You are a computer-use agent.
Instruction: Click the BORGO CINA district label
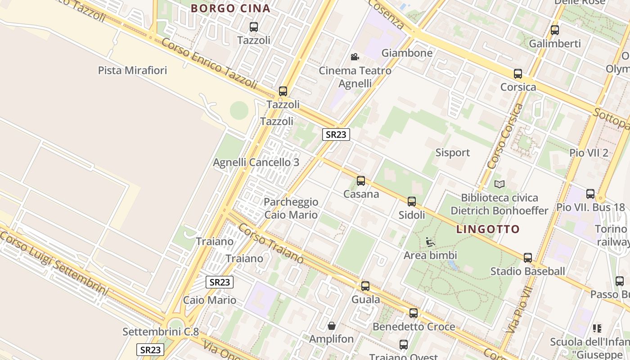(230, 8)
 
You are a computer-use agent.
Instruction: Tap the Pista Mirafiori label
(132, 70)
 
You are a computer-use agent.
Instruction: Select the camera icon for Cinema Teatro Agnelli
(355, 57)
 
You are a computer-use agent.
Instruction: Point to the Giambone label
(407, 53)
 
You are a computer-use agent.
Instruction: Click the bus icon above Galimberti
(555, 30)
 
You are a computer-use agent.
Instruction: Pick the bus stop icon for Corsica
(518, 74)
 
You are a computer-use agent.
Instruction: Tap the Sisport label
(452, 153)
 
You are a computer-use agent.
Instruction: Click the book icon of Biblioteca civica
(499, 184)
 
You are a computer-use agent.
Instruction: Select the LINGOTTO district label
(488, 229)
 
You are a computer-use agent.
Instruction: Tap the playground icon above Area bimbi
(430, 242)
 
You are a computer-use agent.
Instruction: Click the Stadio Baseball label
(527, 271)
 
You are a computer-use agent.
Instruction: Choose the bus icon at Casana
(361, 181)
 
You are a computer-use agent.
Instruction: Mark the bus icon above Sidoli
(412, 202)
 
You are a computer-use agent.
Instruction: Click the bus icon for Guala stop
(365, 286)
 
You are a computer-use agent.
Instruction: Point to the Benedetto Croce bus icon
(414, 313)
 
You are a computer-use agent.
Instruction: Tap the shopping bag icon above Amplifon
(332, 325)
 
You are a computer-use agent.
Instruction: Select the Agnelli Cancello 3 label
(256, 162)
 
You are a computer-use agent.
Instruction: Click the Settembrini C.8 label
(161, 332)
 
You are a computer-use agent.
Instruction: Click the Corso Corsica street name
(505, 136)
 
